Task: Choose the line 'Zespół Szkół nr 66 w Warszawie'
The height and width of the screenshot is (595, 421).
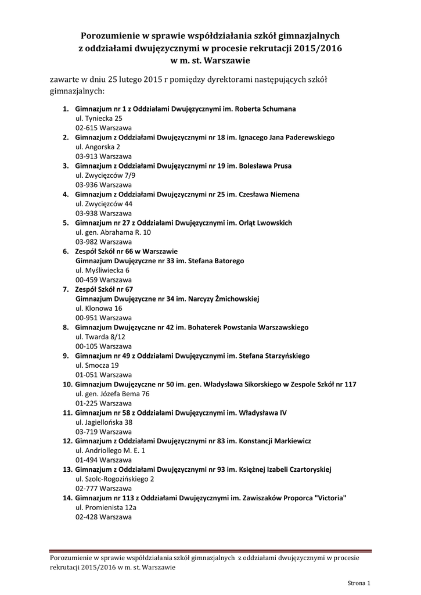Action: [126, 251]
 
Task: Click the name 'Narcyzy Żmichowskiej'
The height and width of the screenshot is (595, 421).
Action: [223, 299]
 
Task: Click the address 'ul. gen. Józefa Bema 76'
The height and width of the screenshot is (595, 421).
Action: [113, 393]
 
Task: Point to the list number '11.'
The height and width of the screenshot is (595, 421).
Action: [67, 413]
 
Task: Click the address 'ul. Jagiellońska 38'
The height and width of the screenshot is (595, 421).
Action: [104, 422]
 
